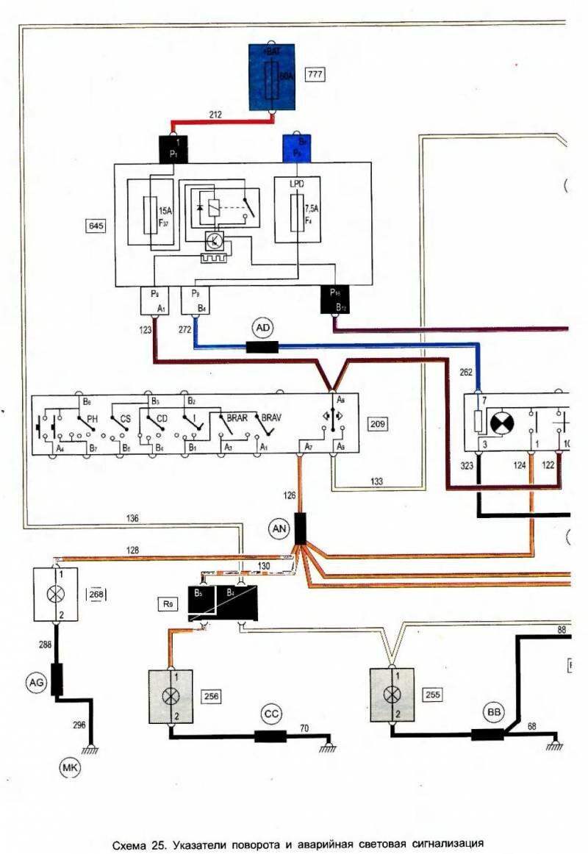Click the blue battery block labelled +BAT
(x=271, y=76)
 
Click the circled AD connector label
(x=262, y=325)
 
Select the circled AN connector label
(x=279, y=528)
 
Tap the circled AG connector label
(x=36, y=683)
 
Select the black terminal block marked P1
(x=173, y=150)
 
